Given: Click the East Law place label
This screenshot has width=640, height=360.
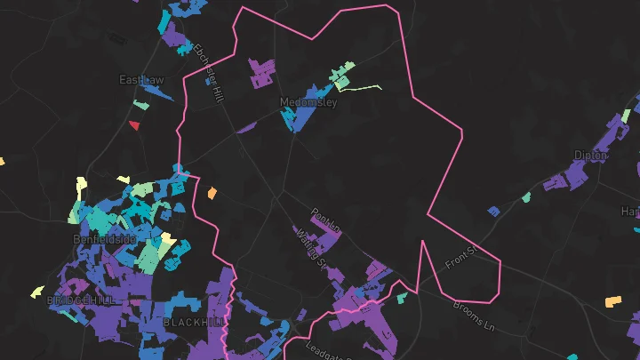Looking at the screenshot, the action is tap(141, 80).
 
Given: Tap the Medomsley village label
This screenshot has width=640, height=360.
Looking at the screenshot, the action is tap(308, 102).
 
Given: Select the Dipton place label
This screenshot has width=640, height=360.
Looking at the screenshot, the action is tap(590, 156).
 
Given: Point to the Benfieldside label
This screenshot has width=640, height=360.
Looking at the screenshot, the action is tap(104, 240).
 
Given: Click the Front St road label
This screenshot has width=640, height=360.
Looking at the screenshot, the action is tap(460, 259).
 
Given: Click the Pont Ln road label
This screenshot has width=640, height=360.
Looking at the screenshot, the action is tap(326, 220).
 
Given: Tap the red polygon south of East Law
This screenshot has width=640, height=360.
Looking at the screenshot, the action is tap(134, 125).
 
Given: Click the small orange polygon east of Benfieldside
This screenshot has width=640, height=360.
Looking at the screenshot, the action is tap(212, 192).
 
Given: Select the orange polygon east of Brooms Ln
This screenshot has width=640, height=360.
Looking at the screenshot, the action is tap(612, 301).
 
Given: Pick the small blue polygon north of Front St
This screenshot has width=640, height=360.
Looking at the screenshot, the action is tap(493, 212).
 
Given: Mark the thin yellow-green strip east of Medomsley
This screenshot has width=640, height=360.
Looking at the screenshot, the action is tap(360, 88).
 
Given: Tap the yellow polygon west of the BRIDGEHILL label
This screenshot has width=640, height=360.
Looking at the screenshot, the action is tap(37, 291).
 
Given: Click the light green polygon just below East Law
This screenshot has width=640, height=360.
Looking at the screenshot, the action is tap(140, 104).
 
